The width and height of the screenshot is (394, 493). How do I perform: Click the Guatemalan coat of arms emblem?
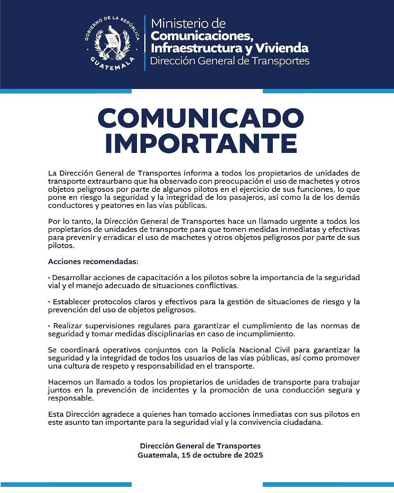tap(112, 42)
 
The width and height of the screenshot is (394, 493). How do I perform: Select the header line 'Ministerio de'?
tap(188, 23)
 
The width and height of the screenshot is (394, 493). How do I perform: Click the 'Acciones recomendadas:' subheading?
tap(93, 262)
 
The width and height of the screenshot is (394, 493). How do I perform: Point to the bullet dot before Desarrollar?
tap(49, 278)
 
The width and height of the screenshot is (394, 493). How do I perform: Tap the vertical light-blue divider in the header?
tap(145, 43)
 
